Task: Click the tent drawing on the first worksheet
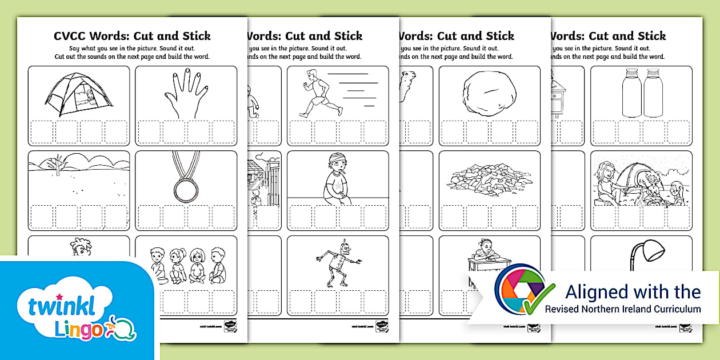tap(78, 93)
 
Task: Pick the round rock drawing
tap(489, 91)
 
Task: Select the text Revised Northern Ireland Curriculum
tap(622, 309)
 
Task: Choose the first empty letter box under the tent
tap(42, 132)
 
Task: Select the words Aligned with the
tap(633, 291)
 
